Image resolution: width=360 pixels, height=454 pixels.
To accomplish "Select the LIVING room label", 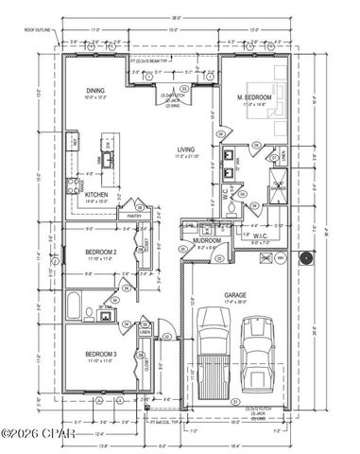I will point(186,150).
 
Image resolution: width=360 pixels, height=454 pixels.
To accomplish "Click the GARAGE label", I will point(235,295).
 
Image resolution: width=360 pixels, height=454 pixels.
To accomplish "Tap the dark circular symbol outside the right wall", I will point(305,258).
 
